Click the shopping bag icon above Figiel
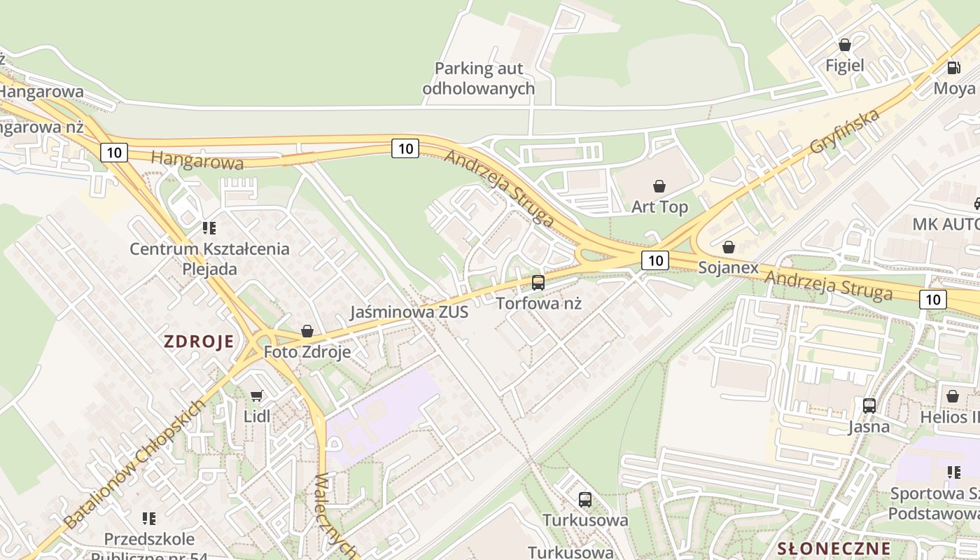click(845, 45)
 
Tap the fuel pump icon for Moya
click(953, 68)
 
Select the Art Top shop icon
click(659, 186)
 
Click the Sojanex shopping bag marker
click(728, 247)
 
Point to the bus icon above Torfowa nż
click(538, 283)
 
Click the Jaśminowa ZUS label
click(409, 312)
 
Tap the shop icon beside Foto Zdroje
click(307, 331)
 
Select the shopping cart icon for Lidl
click(257, 395)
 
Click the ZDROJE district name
click(198, 342)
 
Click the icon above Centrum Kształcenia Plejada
click(209, 228)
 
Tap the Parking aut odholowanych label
click(479, 78)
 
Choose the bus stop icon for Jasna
click(869, 405)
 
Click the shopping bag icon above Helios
click(952, 396)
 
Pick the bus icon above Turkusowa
click(585, 500)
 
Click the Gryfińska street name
click(844, 132)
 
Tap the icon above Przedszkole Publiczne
click(149, 519)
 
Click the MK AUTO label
click(945, 224)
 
